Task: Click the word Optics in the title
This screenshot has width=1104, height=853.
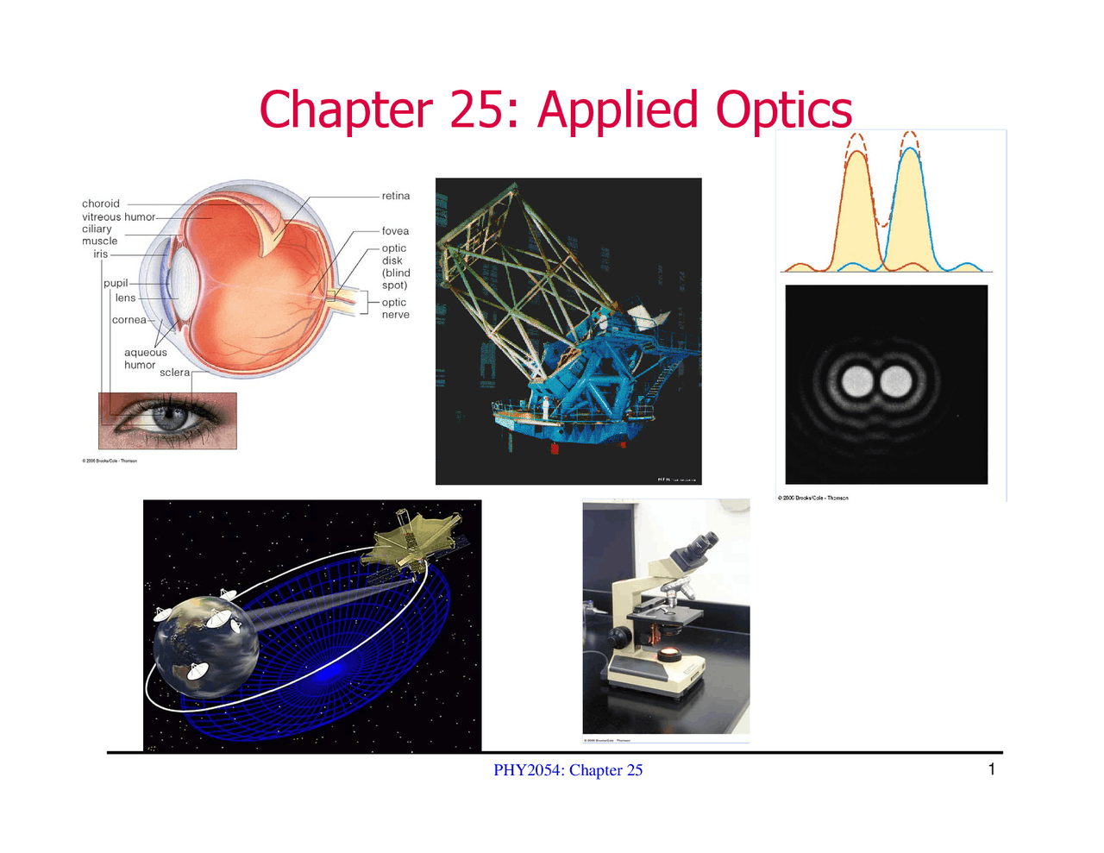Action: coord(783,112)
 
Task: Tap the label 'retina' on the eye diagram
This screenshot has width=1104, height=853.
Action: coord(396,197)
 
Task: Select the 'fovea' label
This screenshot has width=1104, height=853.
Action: coord(395,231)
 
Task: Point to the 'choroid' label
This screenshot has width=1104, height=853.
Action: coord(101,204)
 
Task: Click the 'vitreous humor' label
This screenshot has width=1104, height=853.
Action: coord(119,217)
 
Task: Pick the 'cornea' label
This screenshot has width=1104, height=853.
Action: coord(129,320)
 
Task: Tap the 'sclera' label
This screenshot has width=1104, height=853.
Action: coord(174,373)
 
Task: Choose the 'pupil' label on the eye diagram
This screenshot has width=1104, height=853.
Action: coord(116,284)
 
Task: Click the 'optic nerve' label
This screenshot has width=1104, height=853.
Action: coord(395,309)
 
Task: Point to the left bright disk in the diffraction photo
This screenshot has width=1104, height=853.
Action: coord(858,381)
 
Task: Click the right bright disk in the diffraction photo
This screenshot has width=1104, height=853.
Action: coord(896,381)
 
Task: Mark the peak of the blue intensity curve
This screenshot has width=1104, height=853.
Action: coord(910,150)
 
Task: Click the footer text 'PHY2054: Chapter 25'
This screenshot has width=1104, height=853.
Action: coord(568,770)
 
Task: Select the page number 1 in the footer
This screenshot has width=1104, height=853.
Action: coord(992,769)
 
